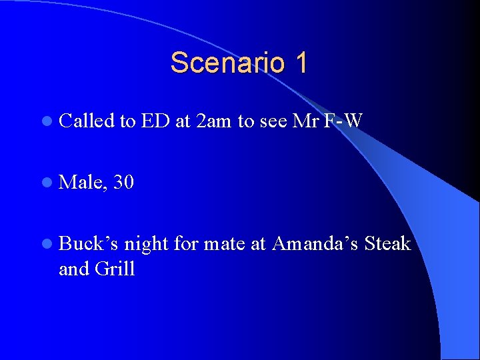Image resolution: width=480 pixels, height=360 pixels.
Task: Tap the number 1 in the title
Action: pos(300,63)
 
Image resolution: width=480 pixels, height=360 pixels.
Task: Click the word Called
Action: pos(86,121)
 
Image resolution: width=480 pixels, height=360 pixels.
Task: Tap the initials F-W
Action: pos(345,121)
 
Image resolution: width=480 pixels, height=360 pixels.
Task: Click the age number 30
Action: pos(124,182)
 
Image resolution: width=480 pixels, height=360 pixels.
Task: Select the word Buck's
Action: pos(88,244)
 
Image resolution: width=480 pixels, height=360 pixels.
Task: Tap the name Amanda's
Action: pos(315,244)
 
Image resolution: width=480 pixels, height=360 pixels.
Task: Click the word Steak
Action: pos(387,244)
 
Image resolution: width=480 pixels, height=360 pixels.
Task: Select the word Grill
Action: pos(115,269)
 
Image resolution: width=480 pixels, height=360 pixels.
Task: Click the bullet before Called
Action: pos(45,121)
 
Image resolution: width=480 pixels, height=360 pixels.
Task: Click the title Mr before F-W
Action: pos(303,121)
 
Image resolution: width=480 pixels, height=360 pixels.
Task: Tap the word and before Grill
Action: pos(74,269)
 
